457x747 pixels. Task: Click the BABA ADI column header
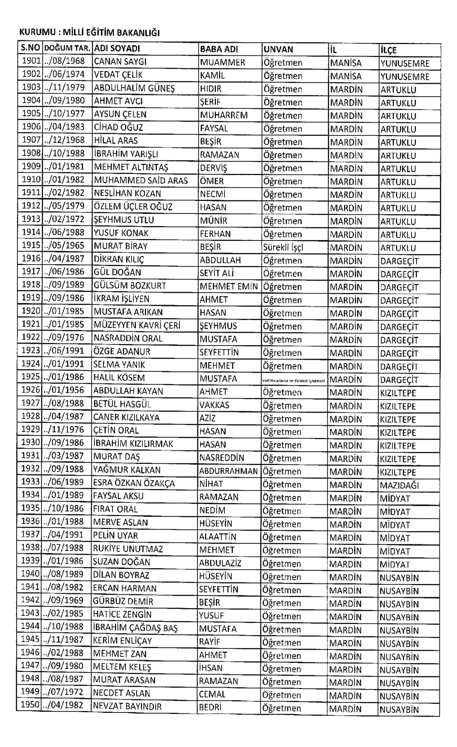pos(219,49)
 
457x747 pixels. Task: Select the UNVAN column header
pos(278,49)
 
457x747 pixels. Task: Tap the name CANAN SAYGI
pos(120,62)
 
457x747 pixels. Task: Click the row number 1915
pos(31,246)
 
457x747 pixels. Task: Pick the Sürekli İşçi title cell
pos(283,247)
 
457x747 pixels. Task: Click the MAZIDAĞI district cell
pos(399,485)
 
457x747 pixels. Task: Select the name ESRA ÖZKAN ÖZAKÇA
pos(134,484)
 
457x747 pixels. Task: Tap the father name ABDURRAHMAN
pos(228,471)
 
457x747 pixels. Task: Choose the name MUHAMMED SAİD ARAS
pos(140,181)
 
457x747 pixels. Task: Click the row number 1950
pos(30,705)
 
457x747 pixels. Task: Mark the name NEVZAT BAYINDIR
pos(127,706)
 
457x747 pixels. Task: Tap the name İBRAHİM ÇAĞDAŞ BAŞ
pos(135,628)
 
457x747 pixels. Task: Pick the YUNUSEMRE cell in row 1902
pos(405,76)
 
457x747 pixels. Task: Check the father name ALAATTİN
pos(218,536)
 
